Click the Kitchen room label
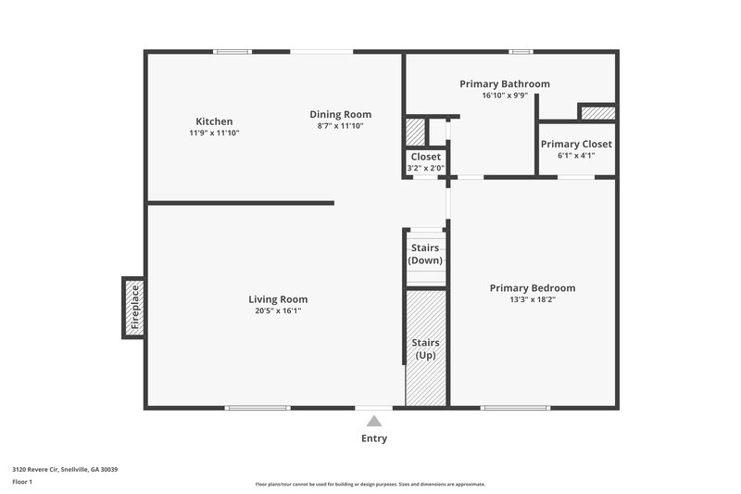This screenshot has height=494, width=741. (x=214, y=121)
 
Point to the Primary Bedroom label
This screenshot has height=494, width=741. (x=533, y=288)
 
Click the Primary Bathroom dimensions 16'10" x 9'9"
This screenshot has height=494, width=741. (x=505, y=95)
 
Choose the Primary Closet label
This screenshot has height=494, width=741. (x=576, y=144)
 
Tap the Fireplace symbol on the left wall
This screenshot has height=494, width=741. (x=133, y=308)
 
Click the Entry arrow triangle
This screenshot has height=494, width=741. (x=374, y=421)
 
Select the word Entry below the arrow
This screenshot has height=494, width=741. (x=374, y=438)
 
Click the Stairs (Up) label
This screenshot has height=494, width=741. (x=426, y=348)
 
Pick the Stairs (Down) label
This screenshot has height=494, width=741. (x=426, y=254)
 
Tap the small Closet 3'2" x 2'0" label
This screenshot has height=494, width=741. (x=426, y=162)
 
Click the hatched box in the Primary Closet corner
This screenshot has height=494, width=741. (x=597, y=113)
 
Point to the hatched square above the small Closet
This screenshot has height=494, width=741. (x=415, y=131)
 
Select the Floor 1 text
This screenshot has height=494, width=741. (x=22, y=482)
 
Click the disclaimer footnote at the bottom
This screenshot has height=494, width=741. (x=370, y=484)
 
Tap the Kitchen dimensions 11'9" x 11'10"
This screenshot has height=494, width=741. (x=214, y=133)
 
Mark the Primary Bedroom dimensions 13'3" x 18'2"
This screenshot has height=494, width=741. (x=533, y=299)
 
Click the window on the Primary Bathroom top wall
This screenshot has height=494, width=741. (x=521, y=52)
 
